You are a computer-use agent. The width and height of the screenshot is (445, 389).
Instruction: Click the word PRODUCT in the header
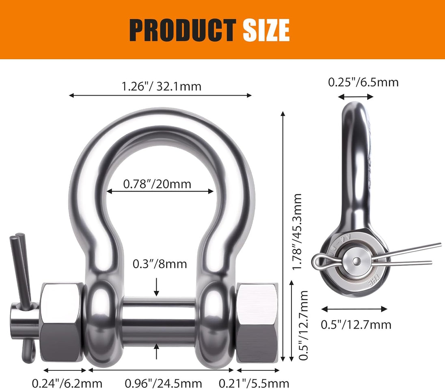pyautogui.click(x=182, y=30)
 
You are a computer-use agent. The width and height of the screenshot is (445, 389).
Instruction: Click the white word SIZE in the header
pyautogui.click(x=266, y=30)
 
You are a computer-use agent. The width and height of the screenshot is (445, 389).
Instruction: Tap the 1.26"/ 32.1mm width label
pyautogui.click(x=161, y=86)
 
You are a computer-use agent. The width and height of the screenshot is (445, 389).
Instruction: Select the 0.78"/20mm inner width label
pyautogui.click(x=157, y=184)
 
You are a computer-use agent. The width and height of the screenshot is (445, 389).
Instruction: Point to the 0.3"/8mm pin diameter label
pyautogui.click(x=160, y=264)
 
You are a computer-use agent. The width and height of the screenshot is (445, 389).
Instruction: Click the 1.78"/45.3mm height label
pyautogui.click(x=297, y=232)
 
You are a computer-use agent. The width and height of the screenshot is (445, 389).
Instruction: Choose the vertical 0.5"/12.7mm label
pyautogui.click(x=304, y=325)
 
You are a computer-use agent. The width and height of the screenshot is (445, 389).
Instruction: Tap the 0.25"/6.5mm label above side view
pyautogui.click(x=363, y=82)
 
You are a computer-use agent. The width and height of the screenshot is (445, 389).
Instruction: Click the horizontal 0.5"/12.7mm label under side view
pyautogui.click(x=356, y=325)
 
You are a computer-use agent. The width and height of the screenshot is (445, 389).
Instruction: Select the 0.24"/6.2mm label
pyautogui.click(x=67, y=384)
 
